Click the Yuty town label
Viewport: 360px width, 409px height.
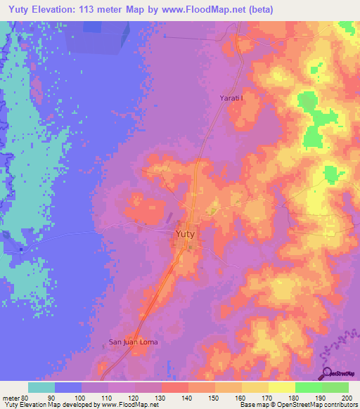[186, 233]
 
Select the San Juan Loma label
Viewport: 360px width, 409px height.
[133, 342]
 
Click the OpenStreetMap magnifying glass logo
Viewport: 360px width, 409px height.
[327, 375]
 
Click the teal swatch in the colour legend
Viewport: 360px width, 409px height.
[41, 387]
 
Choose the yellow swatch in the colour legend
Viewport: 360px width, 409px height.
[281, 387]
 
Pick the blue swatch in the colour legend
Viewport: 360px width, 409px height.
[67, 387]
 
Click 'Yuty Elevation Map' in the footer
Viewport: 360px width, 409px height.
[29, 405]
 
